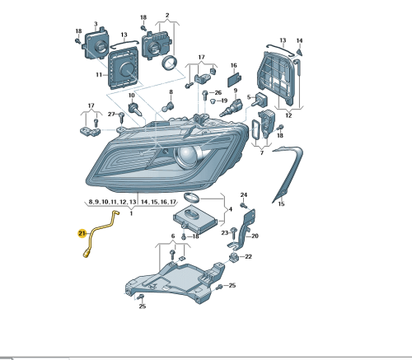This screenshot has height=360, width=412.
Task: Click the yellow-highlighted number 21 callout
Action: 82,234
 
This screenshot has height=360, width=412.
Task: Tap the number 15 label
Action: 281,204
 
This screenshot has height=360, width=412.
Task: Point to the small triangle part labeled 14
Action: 299,52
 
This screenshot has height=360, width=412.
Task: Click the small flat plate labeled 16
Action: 234,80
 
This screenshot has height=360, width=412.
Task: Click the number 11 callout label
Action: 99,75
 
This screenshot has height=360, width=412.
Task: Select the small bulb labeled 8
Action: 168,107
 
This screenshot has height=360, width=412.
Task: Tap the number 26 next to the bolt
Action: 218,93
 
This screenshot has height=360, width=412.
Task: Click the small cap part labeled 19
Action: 213,101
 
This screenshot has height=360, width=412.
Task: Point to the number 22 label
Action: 248,256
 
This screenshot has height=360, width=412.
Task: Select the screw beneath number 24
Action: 243,205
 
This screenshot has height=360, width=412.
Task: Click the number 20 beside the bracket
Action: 255,236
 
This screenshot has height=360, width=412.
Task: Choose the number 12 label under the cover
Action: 288,115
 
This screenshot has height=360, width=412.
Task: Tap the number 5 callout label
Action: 249,97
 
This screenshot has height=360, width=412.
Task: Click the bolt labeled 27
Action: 121,118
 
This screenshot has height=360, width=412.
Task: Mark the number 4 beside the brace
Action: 231,209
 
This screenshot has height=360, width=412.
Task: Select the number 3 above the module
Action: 96,24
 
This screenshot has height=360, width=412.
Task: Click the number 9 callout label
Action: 236,91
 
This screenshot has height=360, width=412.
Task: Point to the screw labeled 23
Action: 234,233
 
